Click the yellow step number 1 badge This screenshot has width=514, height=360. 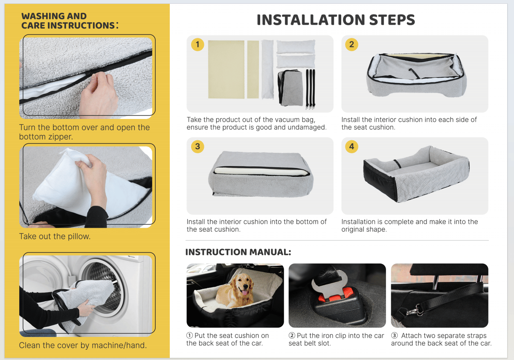click(197, 44)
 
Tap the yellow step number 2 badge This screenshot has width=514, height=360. click(351, 44)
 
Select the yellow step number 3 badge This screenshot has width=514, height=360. click(197, 147)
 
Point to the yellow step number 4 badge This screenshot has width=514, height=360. click(351, 147)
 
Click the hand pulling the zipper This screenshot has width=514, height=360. click(99, 94)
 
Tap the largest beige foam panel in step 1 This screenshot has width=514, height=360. click(226, 70)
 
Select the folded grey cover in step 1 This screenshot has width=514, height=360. click(290, 88)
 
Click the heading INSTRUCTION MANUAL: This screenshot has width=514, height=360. click(238, 252)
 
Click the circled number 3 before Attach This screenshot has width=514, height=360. click(394, 335)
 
